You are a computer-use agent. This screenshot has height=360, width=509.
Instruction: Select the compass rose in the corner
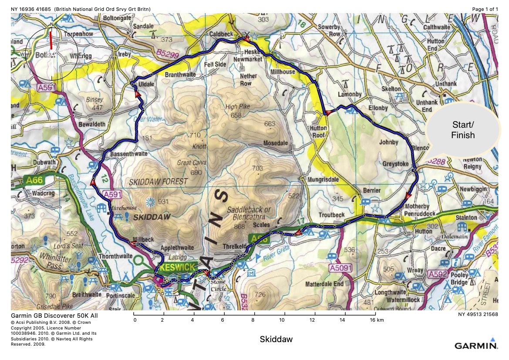(52, 54)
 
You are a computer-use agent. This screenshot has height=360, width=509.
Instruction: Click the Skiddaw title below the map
(276, 339)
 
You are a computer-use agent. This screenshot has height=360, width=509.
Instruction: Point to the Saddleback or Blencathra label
(249, 213)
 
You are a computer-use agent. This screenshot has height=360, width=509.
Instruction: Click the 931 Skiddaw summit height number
(163, 201)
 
